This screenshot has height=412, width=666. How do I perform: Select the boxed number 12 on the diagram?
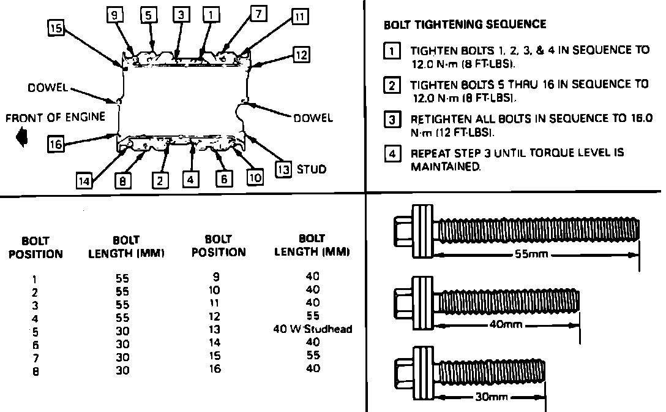301,55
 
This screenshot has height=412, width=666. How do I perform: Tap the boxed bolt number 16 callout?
56,143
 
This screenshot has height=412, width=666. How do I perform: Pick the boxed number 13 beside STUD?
283,169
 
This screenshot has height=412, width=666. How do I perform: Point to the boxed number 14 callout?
84,180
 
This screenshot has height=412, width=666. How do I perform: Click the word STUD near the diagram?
312,169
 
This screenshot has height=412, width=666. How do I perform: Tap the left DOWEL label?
48,88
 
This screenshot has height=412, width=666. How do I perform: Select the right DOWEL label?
313,118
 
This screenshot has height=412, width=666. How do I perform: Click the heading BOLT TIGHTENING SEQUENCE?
465,25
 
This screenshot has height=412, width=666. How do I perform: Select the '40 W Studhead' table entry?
312,329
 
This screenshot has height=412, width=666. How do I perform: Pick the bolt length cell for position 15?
312,355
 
